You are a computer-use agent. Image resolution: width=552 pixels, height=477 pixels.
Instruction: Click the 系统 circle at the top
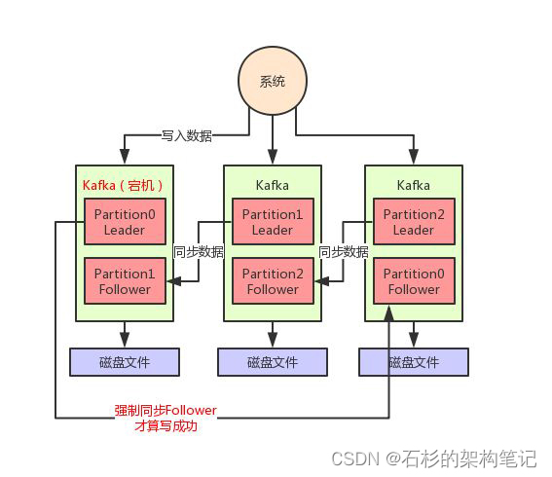point(273,82)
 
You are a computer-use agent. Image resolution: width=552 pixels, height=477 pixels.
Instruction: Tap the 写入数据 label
point(186,135)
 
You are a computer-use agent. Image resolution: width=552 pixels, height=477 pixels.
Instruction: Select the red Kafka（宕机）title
point(122,184)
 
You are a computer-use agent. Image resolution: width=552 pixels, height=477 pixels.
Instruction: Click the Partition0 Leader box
point(124,222)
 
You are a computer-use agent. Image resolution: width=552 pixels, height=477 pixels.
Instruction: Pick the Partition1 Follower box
point(124,281)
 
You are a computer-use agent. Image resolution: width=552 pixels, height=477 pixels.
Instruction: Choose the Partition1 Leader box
point(273,222)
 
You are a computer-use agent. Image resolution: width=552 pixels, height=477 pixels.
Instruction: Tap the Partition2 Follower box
point(273,281)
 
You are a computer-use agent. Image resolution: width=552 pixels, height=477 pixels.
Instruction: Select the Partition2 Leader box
point(414,222)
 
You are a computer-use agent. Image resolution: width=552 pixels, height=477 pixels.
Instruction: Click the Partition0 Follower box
point(414,281)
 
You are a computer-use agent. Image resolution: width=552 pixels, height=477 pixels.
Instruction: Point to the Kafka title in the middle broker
point(273,184)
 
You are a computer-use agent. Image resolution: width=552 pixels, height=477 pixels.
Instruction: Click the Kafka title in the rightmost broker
point(414,184)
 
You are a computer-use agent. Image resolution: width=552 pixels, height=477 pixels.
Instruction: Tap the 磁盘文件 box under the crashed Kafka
point(125,362)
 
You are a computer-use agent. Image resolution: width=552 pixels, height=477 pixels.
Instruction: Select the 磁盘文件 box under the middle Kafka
point(273,362)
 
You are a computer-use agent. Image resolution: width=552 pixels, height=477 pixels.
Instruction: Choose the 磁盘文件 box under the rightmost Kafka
point(414,362)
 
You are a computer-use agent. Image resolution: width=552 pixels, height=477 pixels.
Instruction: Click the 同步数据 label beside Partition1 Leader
point(199,251)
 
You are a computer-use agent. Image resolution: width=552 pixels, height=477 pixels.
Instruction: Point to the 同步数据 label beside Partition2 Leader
point(344,251)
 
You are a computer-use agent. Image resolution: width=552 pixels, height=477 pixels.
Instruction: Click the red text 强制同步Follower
point(165,411)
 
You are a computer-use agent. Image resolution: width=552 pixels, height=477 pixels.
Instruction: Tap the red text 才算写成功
point(165,425)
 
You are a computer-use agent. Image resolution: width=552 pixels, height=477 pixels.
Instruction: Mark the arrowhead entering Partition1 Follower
point(172,281)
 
